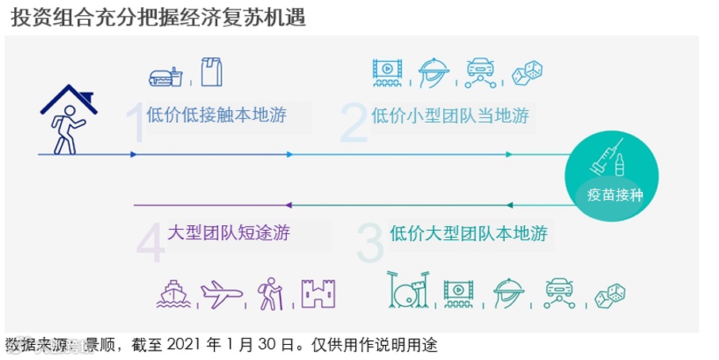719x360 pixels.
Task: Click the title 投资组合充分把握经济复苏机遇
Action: (159, 17)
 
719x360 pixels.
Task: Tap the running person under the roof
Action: (64, 130)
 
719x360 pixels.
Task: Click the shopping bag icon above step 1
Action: (212, 71)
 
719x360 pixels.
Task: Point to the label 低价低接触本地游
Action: (216, 115)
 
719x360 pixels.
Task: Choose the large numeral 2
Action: (354, 121)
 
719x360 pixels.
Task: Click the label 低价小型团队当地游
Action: (450, 116)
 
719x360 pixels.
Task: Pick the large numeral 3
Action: (369, 242)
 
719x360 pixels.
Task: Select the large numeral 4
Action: (151, 242)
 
